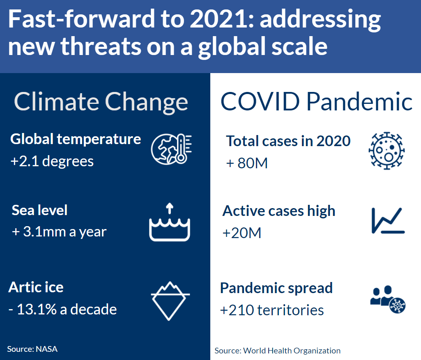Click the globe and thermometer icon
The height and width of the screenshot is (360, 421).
click(171, 149)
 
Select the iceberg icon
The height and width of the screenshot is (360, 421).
click(170, 301)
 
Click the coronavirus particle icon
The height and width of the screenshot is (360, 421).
click(386, 151)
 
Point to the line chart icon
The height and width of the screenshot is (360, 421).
click(388, 220)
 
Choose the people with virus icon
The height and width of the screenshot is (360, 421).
click(388, 299)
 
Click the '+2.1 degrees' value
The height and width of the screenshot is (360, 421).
click(52, 161)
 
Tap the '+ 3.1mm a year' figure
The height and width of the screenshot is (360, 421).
click(59, 232)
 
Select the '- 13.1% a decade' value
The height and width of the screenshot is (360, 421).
click(62, 309)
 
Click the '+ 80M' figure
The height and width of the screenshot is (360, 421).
click(247, 163)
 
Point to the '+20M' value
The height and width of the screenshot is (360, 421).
click(242, 233)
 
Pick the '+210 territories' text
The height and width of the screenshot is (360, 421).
click(272, 310)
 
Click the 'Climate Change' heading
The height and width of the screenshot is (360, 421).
click(101, 102)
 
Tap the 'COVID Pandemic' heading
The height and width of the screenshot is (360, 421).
click(316, 102)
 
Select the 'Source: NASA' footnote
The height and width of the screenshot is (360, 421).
click(32, 349)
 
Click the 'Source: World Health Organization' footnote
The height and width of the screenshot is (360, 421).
click(277, 351)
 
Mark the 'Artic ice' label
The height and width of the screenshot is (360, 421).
click(36, 287)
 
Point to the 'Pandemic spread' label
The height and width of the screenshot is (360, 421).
click(276, 289)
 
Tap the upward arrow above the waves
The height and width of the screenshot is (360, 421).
click(169, 208)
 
